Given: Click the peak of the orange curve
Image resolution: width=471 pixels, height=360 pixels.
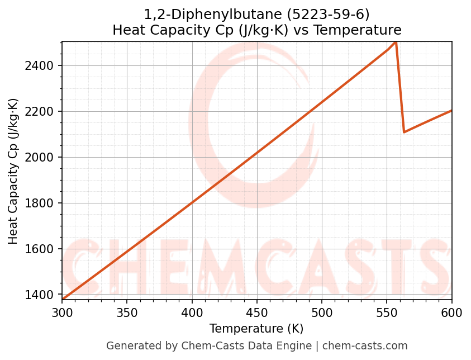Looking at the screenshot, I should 396,42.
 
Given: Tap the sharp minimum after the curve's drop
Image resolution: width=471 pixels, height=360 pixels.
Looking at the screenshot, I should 404,132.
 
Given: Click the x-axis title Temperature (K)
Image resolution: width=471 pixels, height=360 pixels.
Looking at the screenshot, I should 256,329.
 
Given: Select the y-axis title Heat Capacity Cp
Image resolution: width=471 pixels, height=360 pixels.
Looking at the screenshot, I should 13,171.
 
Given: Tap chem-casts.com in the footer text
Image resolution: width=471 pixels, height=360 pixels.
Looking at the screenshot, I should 365,346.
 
